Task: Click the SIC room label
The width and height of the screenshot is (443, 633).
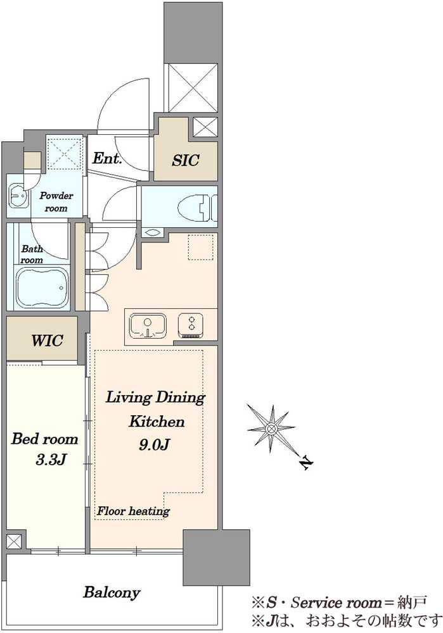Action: tap(186, 160)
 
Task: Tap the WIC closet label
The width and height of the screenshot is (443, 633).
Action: tap(48, 341)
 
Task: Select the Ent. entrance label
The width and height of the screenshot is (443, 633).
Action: tap(107, 158)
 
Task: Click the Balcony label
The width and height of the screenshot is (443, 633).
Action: tap(112, 592)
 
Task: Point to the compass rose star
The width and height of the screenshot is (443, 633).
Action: tap(271, 428)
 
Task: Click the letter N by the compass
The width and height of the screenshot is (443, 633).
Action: tap(307, 463)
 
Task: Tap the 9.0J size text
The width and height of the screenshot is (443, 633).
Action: tap(153, 444)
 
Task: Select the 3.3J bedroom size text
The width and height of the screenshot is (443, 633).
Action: tap(51, 460)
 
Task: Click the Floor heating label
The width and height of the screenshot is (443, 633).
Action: tap(133, 511)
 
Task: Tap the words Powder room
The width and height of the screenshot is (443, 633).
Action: tap(56, 202)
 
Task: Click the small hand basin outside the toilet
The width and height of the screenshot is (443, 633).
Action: tap(152, 232)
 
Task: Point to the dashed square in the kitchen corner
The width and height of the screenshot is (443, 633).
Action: tap(200, 247)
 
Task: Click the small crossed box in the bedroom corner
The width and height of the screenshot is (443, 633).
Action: tap(13, 541)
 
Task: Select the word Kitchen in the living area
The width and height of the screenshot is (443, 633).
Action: tap(157, 422)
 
